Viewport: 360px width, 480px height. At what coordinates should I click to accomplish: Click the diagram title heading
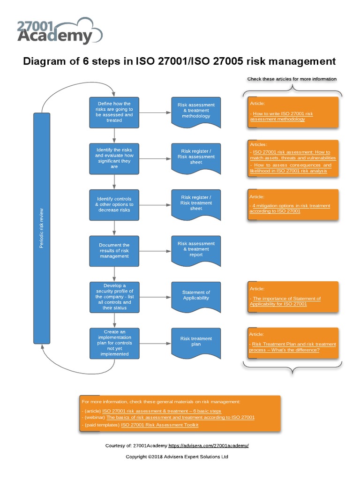180,61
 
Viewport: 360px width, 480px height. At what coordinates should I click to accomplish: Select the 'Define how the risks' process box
114,112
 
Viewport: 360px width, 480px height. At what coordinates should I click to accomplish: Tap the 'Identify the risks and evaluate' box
114,157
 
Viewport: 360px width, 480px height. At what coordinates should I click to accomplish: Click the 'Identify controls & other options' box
114,204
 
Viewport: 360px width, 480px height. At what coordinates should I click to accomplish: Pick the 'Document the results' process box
114,251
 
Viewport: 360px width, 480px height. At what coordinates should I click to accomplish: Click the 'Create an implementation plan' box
114,343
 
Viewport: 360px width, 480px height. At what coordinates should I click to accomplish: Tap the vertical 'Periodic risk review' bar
41,228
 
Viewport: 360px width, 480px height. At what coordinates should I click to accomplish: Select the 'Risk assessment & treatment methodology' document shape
196,112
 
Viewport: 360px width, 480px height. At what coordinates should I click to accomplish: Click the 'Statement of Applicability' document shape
196,295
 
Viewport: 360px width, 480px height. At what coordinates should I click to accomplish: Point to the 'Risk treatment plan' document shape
196,342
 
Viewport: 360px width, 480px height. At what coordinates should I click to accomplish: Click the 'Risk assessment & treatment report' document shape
196,249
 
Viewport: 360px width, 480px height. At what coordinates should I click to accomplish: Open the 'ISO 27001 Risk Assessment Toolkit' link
160,425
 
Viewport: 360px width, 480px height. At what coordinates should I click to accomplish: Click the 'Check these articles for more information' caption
292,79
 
